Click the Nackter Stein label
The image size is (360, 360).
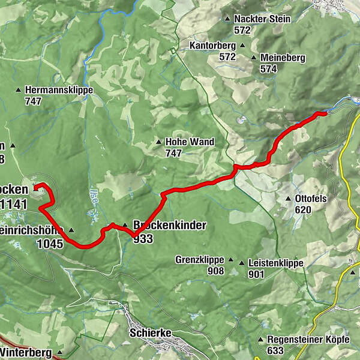click(262, 19)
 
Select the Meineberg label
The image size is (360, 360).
click(283, 58)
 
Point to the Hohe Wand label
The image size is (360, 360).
click(190, 142)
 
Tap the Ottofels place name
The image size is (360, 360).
click(312, 199)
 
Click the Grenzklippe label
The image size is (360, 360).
click(200, 260)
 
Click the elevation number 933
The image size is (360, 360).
click(144, 239)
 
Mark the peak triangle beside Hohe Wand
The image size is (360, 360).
click(158, 142)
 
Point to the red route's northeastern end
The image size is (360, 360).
click(326, 112)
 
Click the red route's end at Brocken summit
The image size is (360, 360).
click(36, 188)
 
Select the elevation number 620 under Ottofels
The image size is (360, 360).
click(303, 210)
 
